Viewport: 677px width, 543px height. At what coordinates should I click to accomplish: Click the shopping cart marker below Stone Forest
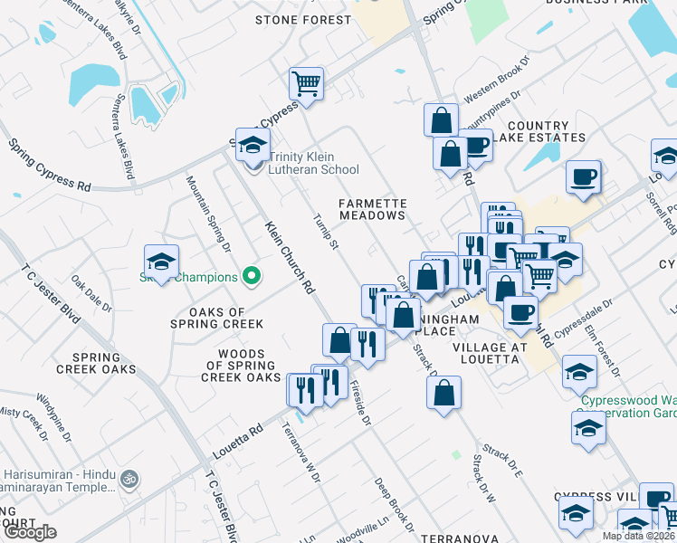coord(307,83)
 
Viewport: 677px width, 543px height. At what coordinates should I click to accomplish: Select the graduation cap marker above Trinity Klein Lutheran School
coord(253,143)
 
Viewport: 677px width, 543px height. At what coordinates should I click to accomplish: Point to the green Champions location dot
coord(253,277)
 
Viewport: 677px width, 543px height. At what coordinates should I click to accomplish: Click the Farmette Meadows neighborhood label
coord(372,210)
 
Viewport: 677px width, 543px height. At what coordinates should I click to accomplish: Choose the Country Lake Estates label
coord(546,132)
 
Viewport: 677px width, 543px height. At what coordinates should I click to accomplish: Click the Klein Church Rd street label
coord(290,258)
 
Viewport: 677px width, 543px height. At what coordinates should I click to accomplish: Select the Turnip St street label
coord(325,232)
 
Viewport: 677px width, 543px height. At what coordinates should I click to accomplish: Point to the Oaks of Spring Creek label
coord(216,318)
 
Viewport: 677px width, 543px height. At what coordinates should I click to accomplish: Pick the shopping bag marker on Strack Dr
coord(443,393)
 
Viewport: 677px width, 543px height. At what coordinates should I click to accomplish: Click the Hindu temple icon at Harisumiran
coord(129,476)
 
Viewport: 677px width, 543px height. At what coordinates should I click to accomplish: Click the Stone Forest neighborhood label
coord(302,20)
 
